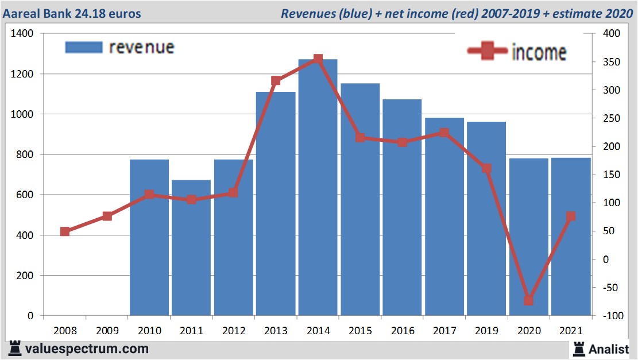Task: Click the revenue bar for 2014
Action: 318,189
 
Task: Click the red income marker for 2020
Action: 528,300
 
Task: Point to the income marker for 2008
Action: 65,231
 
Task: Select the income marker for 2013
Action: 276,81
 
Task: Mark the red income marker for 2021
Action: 571,216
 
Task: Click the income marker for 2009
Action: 107,216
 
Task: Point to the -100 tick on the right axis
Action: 610,316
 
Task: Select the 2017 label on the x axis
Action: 444,331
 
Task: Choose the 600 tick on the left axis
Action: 25,195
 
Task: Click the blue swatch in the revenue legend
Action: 84,47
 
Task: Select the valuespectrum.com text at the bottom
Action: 87,349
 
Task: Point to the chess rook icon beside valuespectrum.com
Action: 15,349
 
